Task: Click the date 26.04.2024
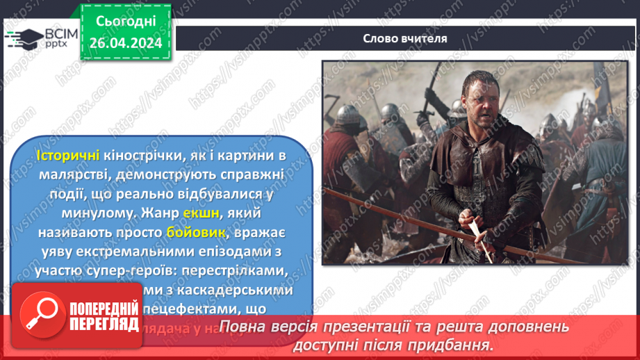click(125, 43)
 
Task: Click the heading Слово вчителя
click(404, 38)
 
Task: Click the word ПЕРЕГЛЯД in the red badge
click(102, 325)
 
